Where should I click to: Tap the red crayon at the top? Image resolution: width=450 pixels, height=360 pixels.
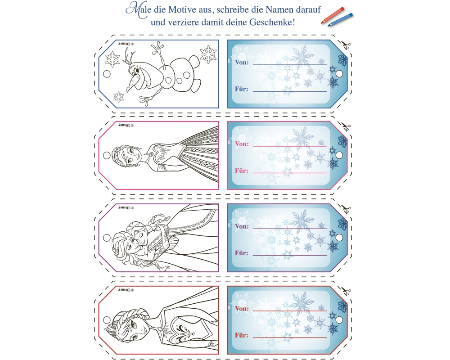pos(333,15)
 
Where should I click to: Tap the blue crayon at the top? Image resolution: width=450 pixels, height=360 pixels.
pos(340,19)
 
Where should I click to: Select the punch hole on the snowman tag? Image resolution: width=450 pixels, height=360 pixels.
pos(107,74)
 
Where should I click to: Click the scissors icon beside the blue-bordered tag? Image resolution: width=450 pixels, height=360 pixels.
pos(345,45)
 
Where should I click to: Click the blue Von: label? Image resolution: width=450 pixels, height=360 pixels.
pos(242,62)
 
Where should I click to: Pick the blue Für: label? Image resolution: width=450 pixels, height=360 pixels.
pos(242,89)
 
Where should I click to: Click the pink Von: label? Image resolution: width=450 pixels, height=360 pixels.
pos(242,144)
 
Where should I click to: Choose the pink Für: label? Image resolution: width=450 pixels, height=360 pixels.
pos(242,171)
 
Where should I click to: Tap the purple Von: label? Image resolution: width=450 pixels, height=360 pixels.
pos(242,226)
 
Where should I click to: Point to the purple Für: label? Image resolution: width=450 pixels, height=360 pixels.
pos(242,253)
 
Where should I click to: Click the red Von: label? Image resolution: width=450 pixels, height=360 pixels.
pos(242,309)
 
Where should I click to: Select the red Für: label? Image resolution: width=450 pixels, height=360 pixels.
pos(242,335)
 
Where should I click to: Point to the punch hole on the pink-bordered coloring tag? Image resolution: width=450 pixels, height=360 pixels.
pos(107,156)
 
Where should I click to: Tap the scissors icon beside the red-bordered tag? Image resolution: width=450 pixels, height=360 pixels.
pos(345,291)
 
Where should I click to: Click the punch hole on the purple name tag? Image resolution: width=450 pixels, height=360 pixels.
pos(339,238)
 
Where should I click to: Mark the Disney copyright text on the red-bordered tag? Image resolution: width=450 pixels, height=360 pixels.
pos(126,290)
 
